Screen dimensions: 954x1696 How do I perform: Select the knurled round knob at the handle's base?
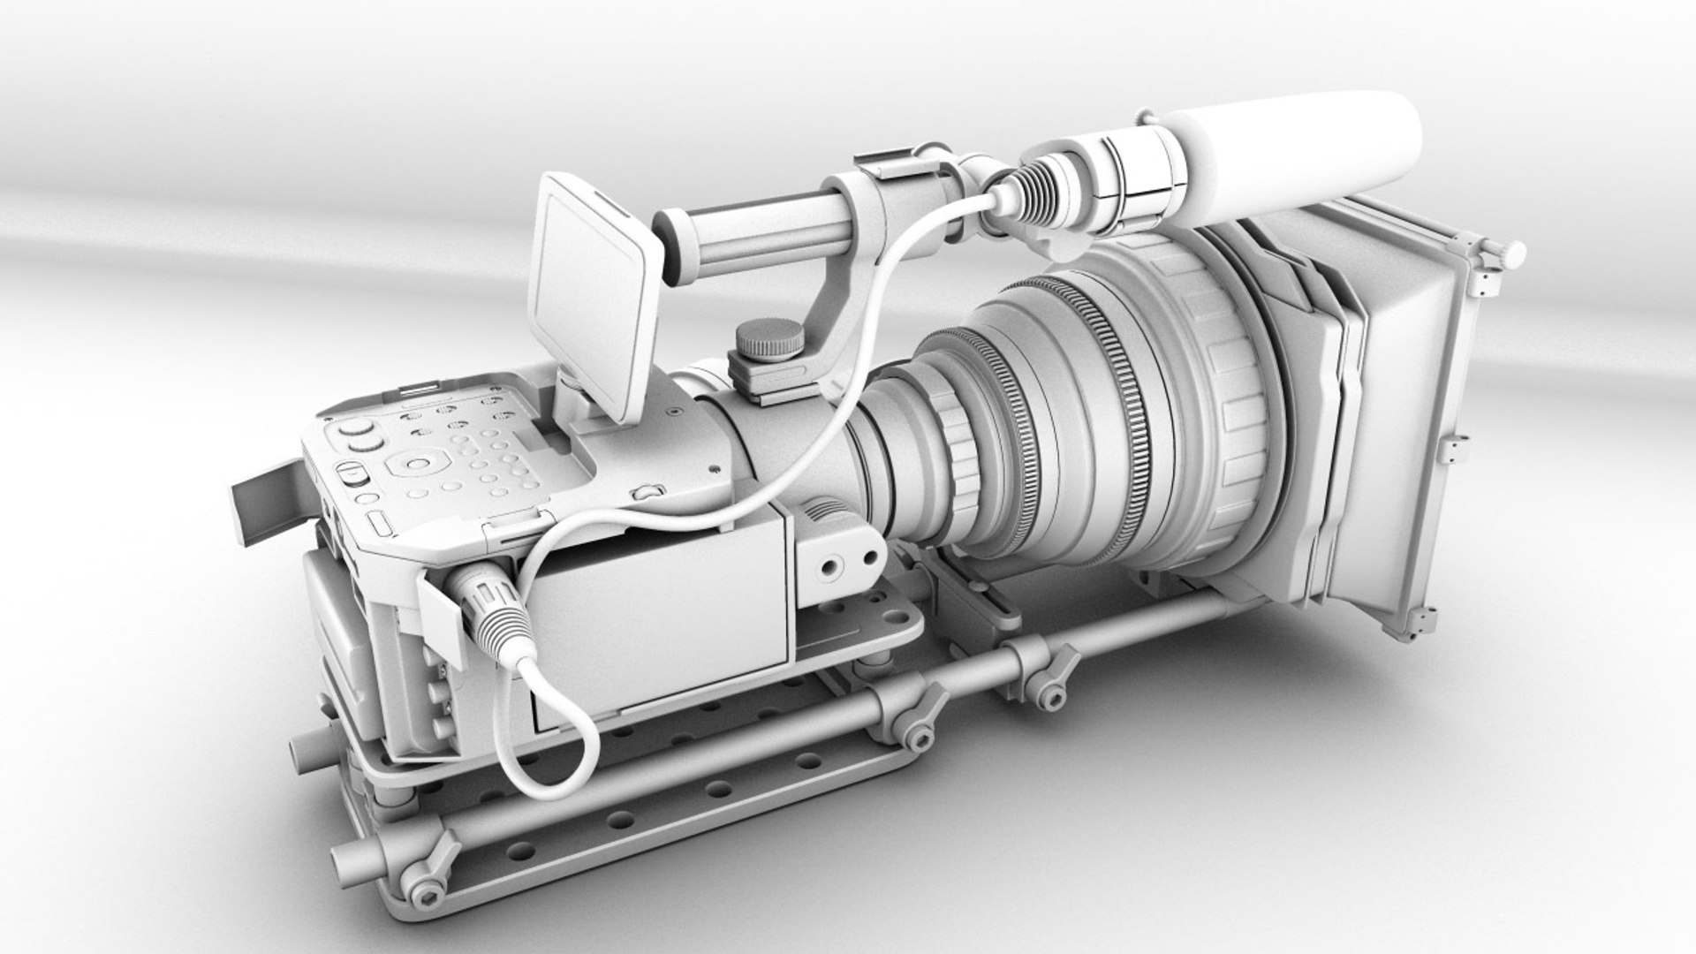point(769,340)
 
